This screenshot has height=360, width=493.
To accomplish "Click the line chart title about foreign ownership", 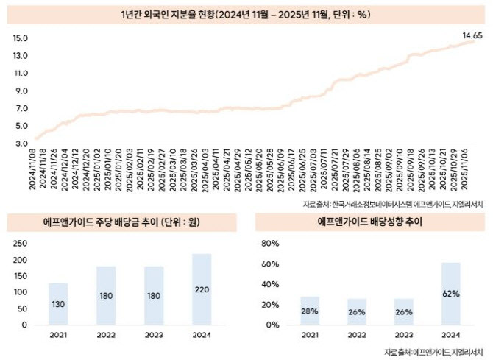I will pos(246,14).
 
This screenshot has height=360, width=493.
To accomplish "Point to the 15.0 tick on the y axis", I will pos(20,38).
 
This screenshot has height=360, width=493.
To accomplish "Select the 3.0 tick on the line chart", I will pos(20,144).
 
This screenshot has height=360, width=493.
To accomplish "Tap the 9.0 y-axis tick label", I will pos(20,91).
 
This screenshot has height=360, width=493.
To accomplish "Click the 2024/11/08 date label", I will pos(35,169).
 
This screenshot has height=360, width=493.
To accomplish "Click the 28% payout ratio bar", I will pos(310,310).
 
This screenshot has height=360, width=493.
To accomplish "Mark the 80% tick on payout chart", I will pos(272,243).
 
